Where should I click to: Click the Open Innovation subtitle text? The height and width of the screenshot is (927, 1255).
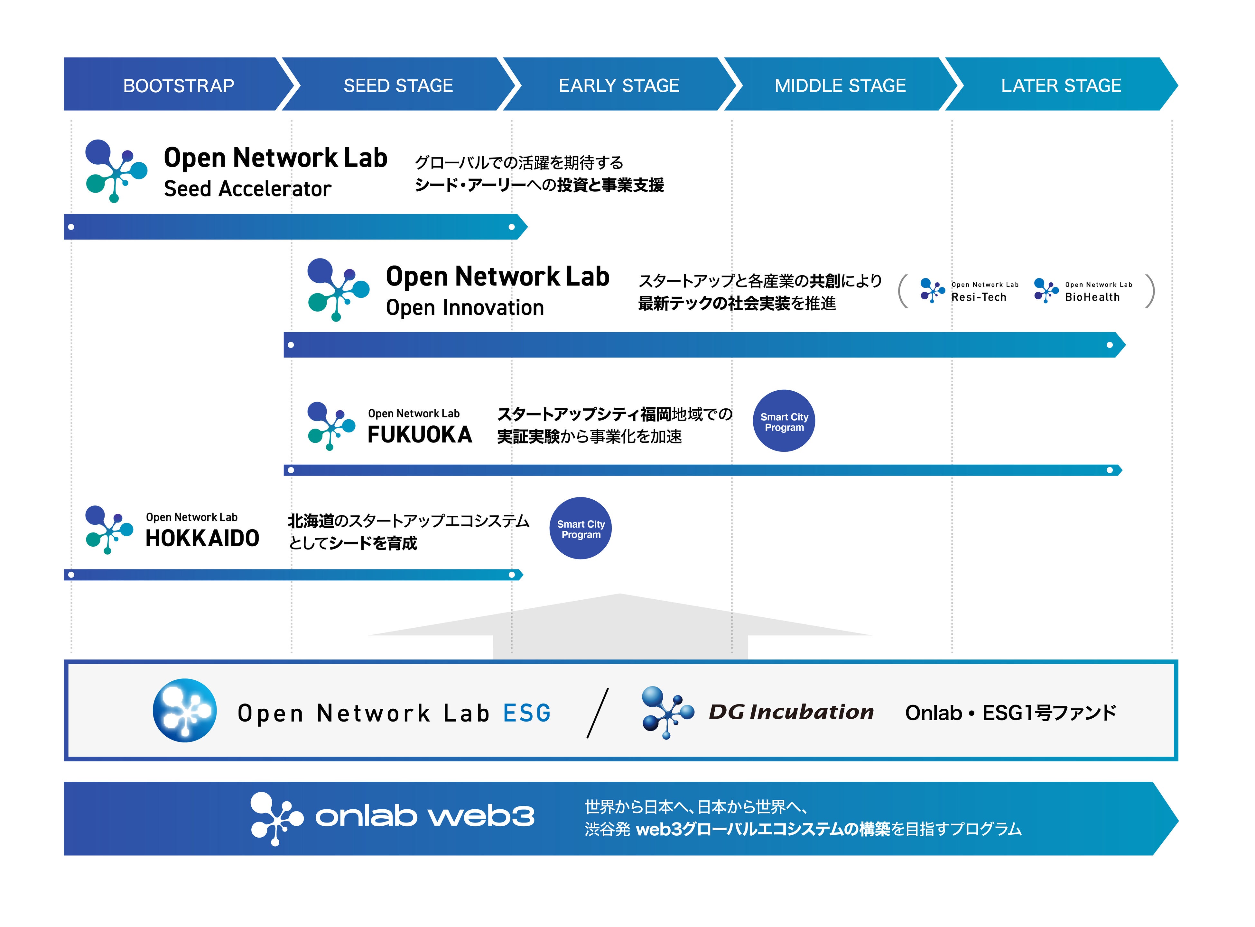tap(465, 307)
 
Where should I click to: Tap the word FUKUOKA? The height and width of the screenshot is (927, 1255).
tap(419, 435)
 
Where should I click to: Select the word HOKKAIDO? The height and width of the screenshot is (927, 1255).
tap(202, 539)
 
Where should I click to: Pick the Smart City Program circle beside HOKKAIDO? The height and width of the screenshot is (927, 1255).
tap(581, 529)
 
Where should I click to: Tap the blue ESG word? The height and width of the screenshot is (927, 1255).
tap(527, 713)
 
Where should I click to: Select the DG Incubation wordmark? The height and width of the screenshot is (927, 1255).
tap(791, 712)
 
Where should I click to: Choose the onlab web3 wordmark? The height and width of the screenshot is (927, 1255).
tap(424, 816)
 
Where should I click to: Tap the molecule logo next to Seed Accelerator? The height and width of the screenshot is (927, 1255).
tap(116, 171)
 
